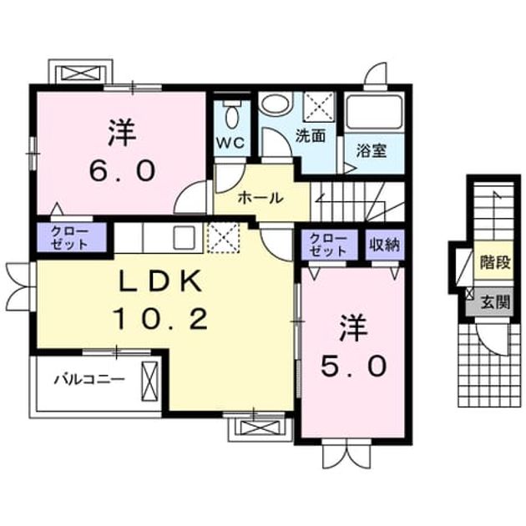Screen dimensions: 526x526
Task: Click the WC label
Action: coord(230,144)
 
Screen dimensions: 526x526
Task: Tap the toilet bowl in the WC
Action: coord(231,115)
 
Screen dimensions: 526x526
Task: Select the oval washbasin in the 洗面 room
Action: coord(277,104)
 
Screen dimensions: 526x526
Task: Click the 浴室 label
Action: coord(372,151)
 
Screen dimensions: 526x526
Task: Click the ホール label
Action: coord(260,198)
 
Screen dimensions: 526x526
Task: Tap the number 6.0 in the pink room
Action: coord(122,170)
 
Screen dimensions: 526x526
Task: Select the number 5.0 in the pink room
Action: coord(353,366)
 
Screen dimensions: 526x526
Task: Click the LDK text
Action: coord(160,281)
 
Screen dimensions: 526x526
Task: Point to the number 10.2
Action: coord(160,318)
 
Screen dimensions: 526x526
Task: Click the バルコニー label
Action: coord(89,380)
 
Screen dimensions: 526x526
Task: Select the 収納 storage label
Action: coord(385,245)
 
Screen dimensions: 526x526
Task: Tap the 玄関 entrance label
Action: coord(495,302)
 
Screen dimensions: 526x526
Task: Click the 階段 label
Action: coord(495,262)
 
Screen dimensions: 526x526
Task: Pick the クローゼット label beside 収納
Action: coord(328,245)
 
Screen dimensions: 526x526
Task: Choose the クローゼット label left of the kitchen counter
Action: coord(69,238)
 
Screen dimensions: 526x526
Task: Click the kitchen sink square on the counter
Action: coord(184,237)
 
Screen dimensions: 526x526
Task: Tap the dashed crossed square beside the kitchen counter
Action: coord(224,237)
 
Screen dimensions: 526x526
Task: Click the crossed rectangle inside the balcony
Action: coord(149,381)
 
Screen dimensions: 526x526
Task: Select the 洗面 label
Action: coord(311,135)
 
